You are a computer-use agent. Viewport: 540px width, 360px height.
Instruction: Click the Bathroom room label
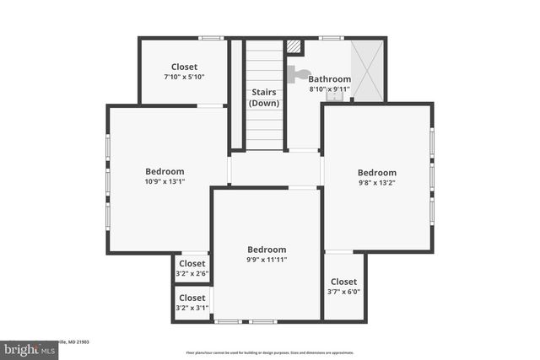330,79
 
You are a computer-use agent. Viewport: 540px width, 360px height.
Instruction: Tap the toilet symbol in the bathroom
296,74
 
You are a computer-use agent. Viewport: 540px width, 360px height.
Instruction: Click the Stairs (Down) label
264,98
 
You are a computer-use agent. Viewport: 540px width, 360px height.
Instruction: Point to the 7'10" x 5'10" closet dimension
184,77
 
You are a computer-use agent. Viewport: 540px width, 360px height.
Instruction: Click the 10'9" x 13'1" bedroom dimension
165,181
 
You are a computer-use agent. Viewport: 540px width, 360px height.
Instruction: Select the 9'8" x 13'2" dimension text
376,183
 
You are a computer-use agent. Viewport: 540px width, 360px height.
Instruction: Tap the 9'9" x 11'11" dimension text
267,260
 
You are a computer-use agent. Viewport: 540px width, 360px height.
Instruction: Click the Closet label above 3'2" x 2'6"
192,263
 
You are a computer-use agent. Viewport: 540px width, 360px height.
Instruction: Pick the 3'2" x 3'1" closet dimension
192,308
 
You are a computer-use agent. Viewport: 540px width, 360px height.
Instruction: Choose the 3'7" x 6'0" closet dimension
343,292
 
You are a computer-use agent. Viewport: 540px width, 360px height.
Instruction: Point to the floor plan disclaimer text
270,352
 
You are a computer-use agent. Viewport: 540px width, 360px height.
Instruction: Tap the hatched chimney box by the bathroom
294,48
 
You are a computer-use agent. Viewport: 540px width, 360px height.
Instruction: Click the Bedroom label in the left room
165,171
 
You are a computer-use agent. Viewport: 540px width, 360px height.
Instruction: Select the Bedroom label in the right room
376,173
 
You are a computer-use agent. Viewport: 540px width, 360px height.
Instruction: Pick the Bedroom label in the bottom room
267,250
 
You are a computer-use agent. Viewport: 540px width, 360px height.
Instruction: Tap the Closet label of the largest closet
184,67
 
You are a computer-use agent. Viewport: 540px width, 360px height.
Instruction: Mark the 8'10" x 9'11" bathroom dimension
329,89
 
